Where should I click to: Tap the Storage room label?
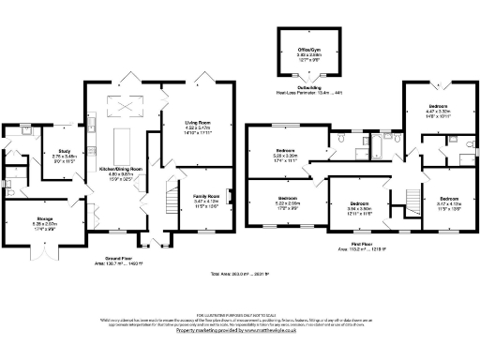[x=45, y=222]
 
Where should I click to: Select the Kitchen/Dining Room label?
[x=121, y=169]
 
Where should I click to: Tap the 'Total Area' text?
[x=239, y=274]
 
